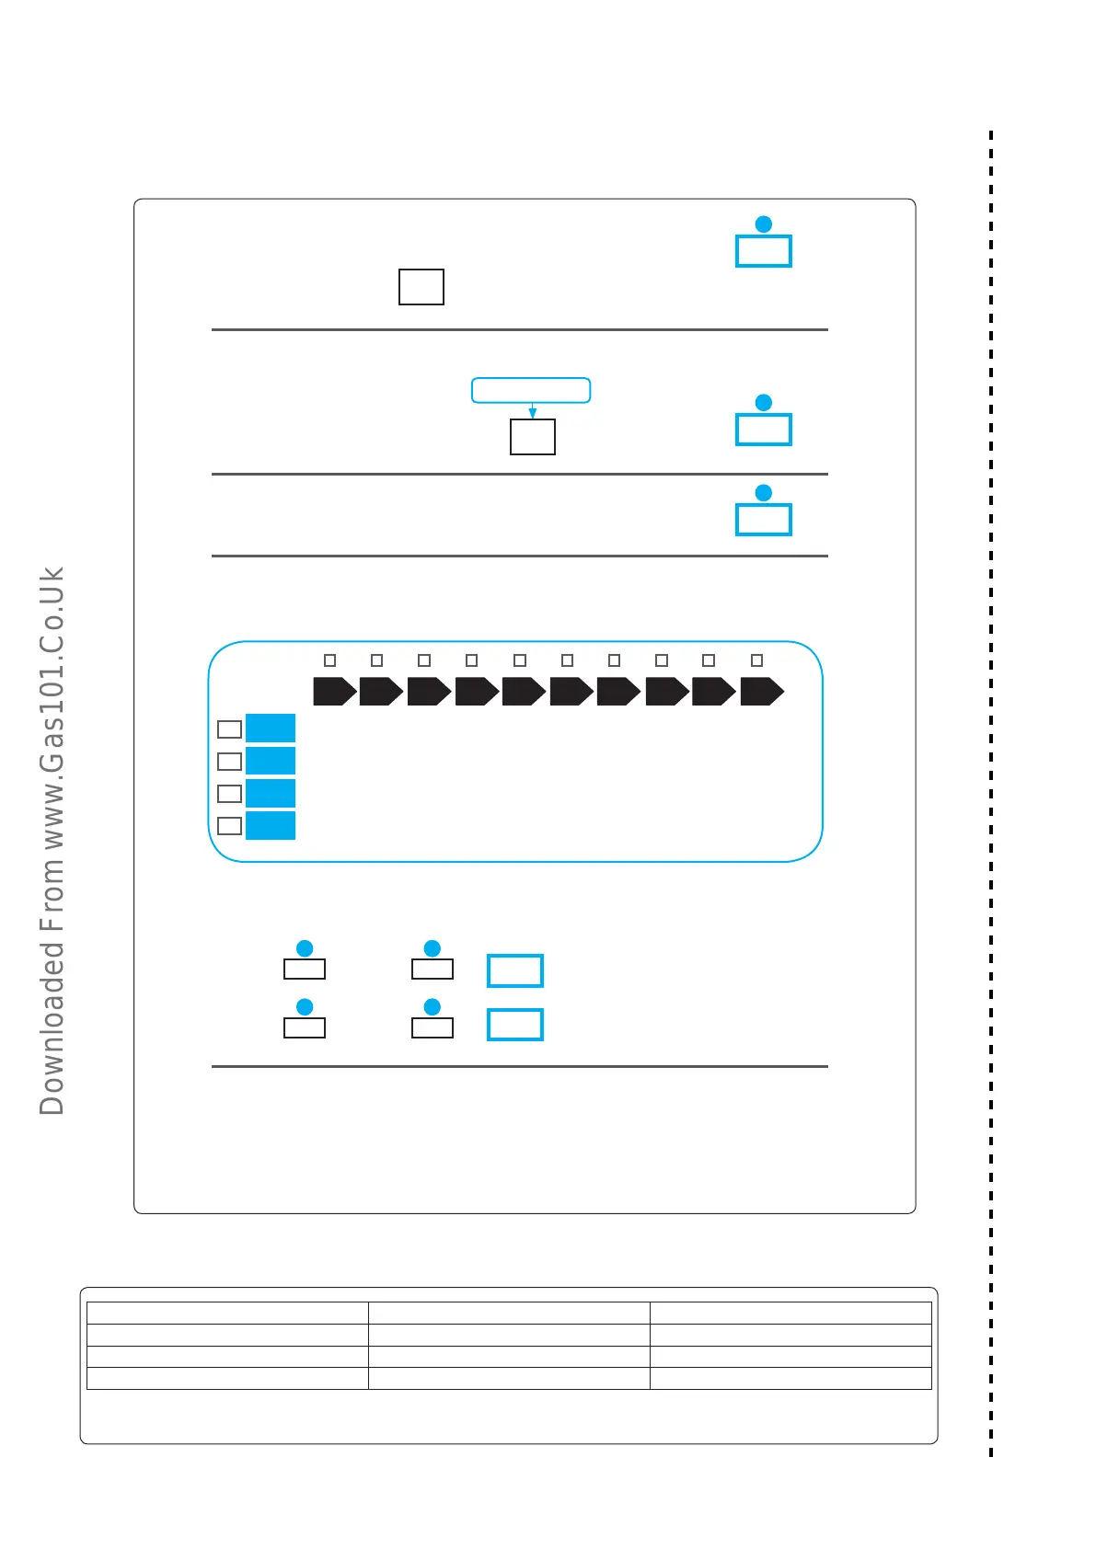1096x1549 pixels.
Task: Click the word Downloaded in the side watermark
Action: tap(52, 1027)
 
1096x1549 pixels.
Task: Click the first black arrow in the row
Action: tap(334, 691)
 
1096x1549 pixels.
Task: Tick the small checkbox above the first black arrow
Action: tap(330, 660)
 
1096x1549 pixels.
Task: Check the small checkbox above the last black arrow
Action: tap(757, 660)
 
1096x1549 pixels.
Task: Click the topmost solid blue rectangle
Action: tap(271, 728)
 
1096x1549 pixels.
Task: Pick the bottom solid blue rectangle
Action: tap(271, 825)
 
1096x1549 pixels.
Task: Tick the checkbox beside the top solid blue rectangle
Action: tap(229, 729)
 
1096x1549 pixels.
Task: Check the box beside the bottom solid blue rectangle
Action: tap(229, 826)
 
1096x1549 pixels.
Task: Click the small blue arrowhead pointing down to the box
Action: tap(532, 413)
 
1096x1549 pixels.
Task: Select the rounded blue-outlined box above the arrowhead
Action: tap(531, 390)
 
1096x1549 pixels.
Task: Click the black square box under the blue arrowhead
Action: tap(533, 437)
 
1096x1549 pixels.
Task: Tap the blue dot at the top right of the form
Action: tap(764, 224)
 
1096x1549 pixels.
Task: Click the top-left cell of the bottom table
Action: tap(227, 1313)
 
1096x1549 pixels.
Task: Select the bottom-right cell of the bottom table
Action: tap(790, 1378)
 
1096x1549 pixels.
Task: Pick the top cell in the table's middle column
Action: tap(509, 1313)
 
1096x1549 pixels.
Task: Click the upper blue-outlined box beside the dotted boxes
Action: tap(515, 970)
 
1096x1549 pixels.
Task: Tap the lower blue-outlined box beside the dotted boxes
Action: tap(515, 1025)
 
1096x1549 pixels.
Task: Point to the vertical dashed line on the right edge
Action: tap(991, 791)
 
